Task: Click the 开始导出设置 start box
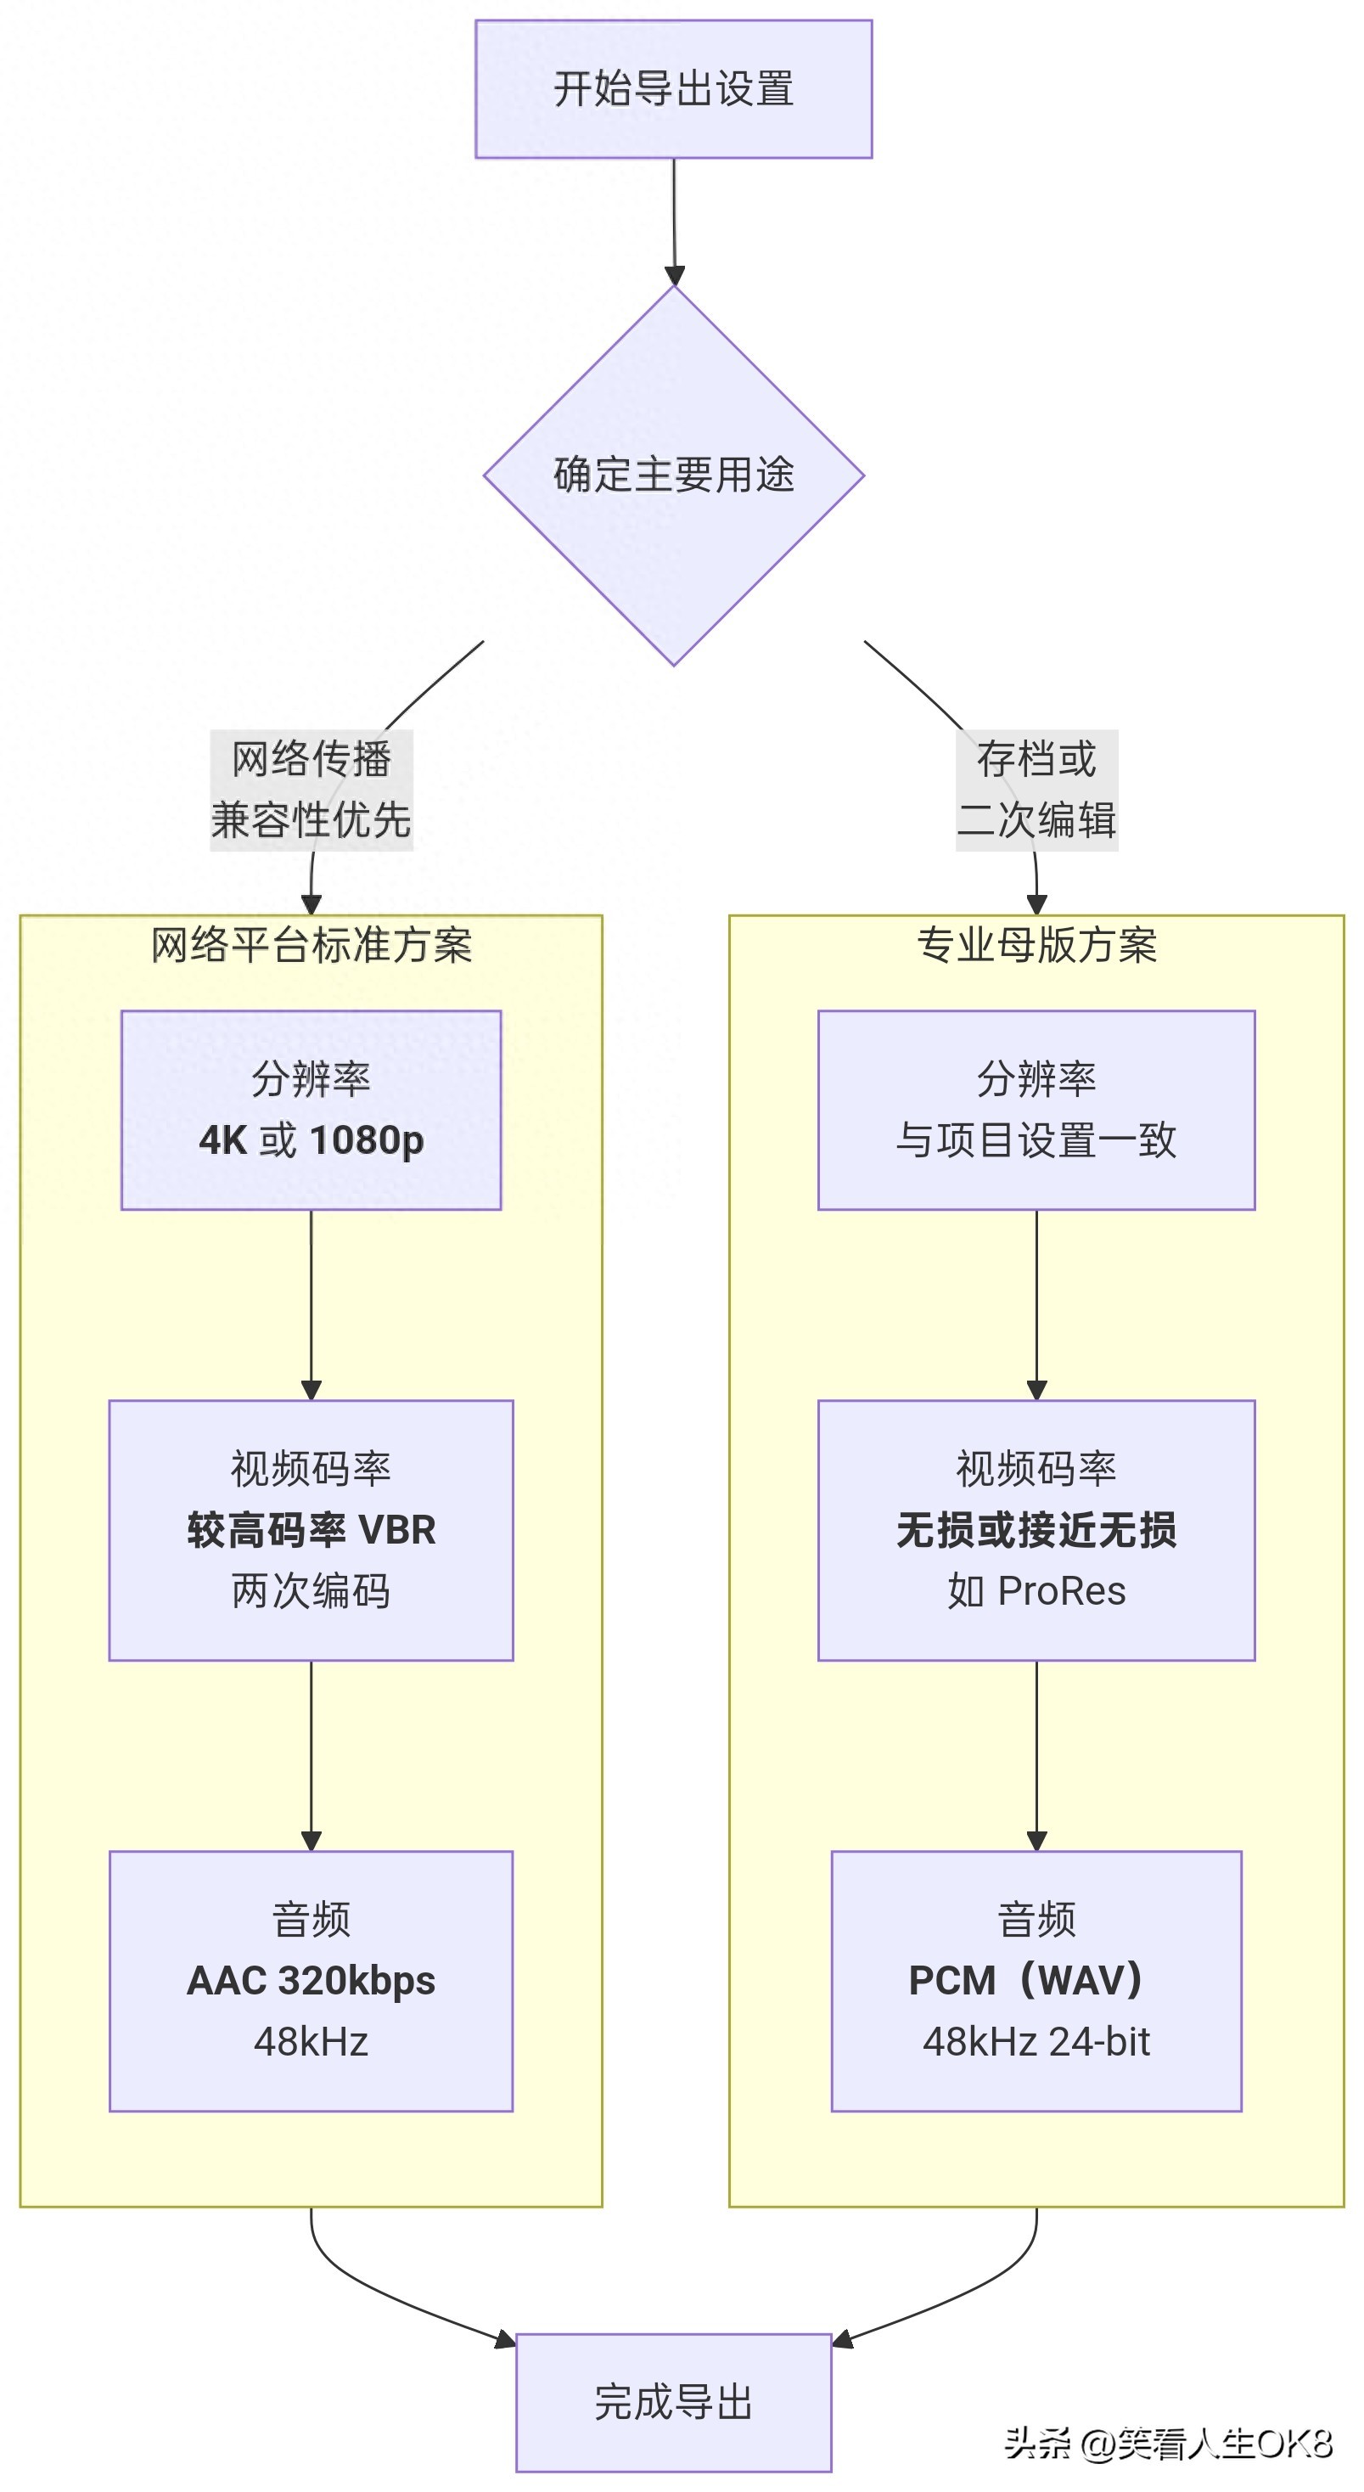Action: [673, 89]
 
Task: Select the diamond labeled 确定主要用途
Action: [673, 475]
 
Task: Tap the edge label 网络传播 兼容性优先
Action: [312, 790]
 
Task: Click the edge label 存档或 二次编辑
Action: [1036, 790]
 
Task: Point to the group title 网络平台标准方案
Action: [312, 945]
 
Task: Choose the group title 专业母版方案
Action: [1036, 945]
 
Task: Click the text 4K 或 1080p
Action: [312, 1140]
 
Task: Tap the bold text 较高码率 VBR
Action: [312, 1530]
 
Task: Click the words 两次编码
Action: [312, 1591]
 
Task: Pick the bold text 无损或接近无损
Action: [1036, 1530]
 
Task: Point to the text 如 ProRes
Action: [1036, 1591]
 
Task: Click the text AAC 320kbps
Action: [312, 1980]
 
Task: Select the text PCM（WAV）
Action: [1027, 1980]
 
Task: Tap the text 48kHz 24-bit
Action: [1036, 2042]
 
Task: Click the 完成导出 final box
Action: [673, 2402]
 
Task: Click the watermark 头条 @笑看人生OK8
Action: [1168, 2444]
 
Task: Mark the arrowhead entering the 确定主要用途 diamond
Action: [674, 276]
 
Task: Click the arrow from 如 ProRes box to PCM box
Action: [1036, 1756]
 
